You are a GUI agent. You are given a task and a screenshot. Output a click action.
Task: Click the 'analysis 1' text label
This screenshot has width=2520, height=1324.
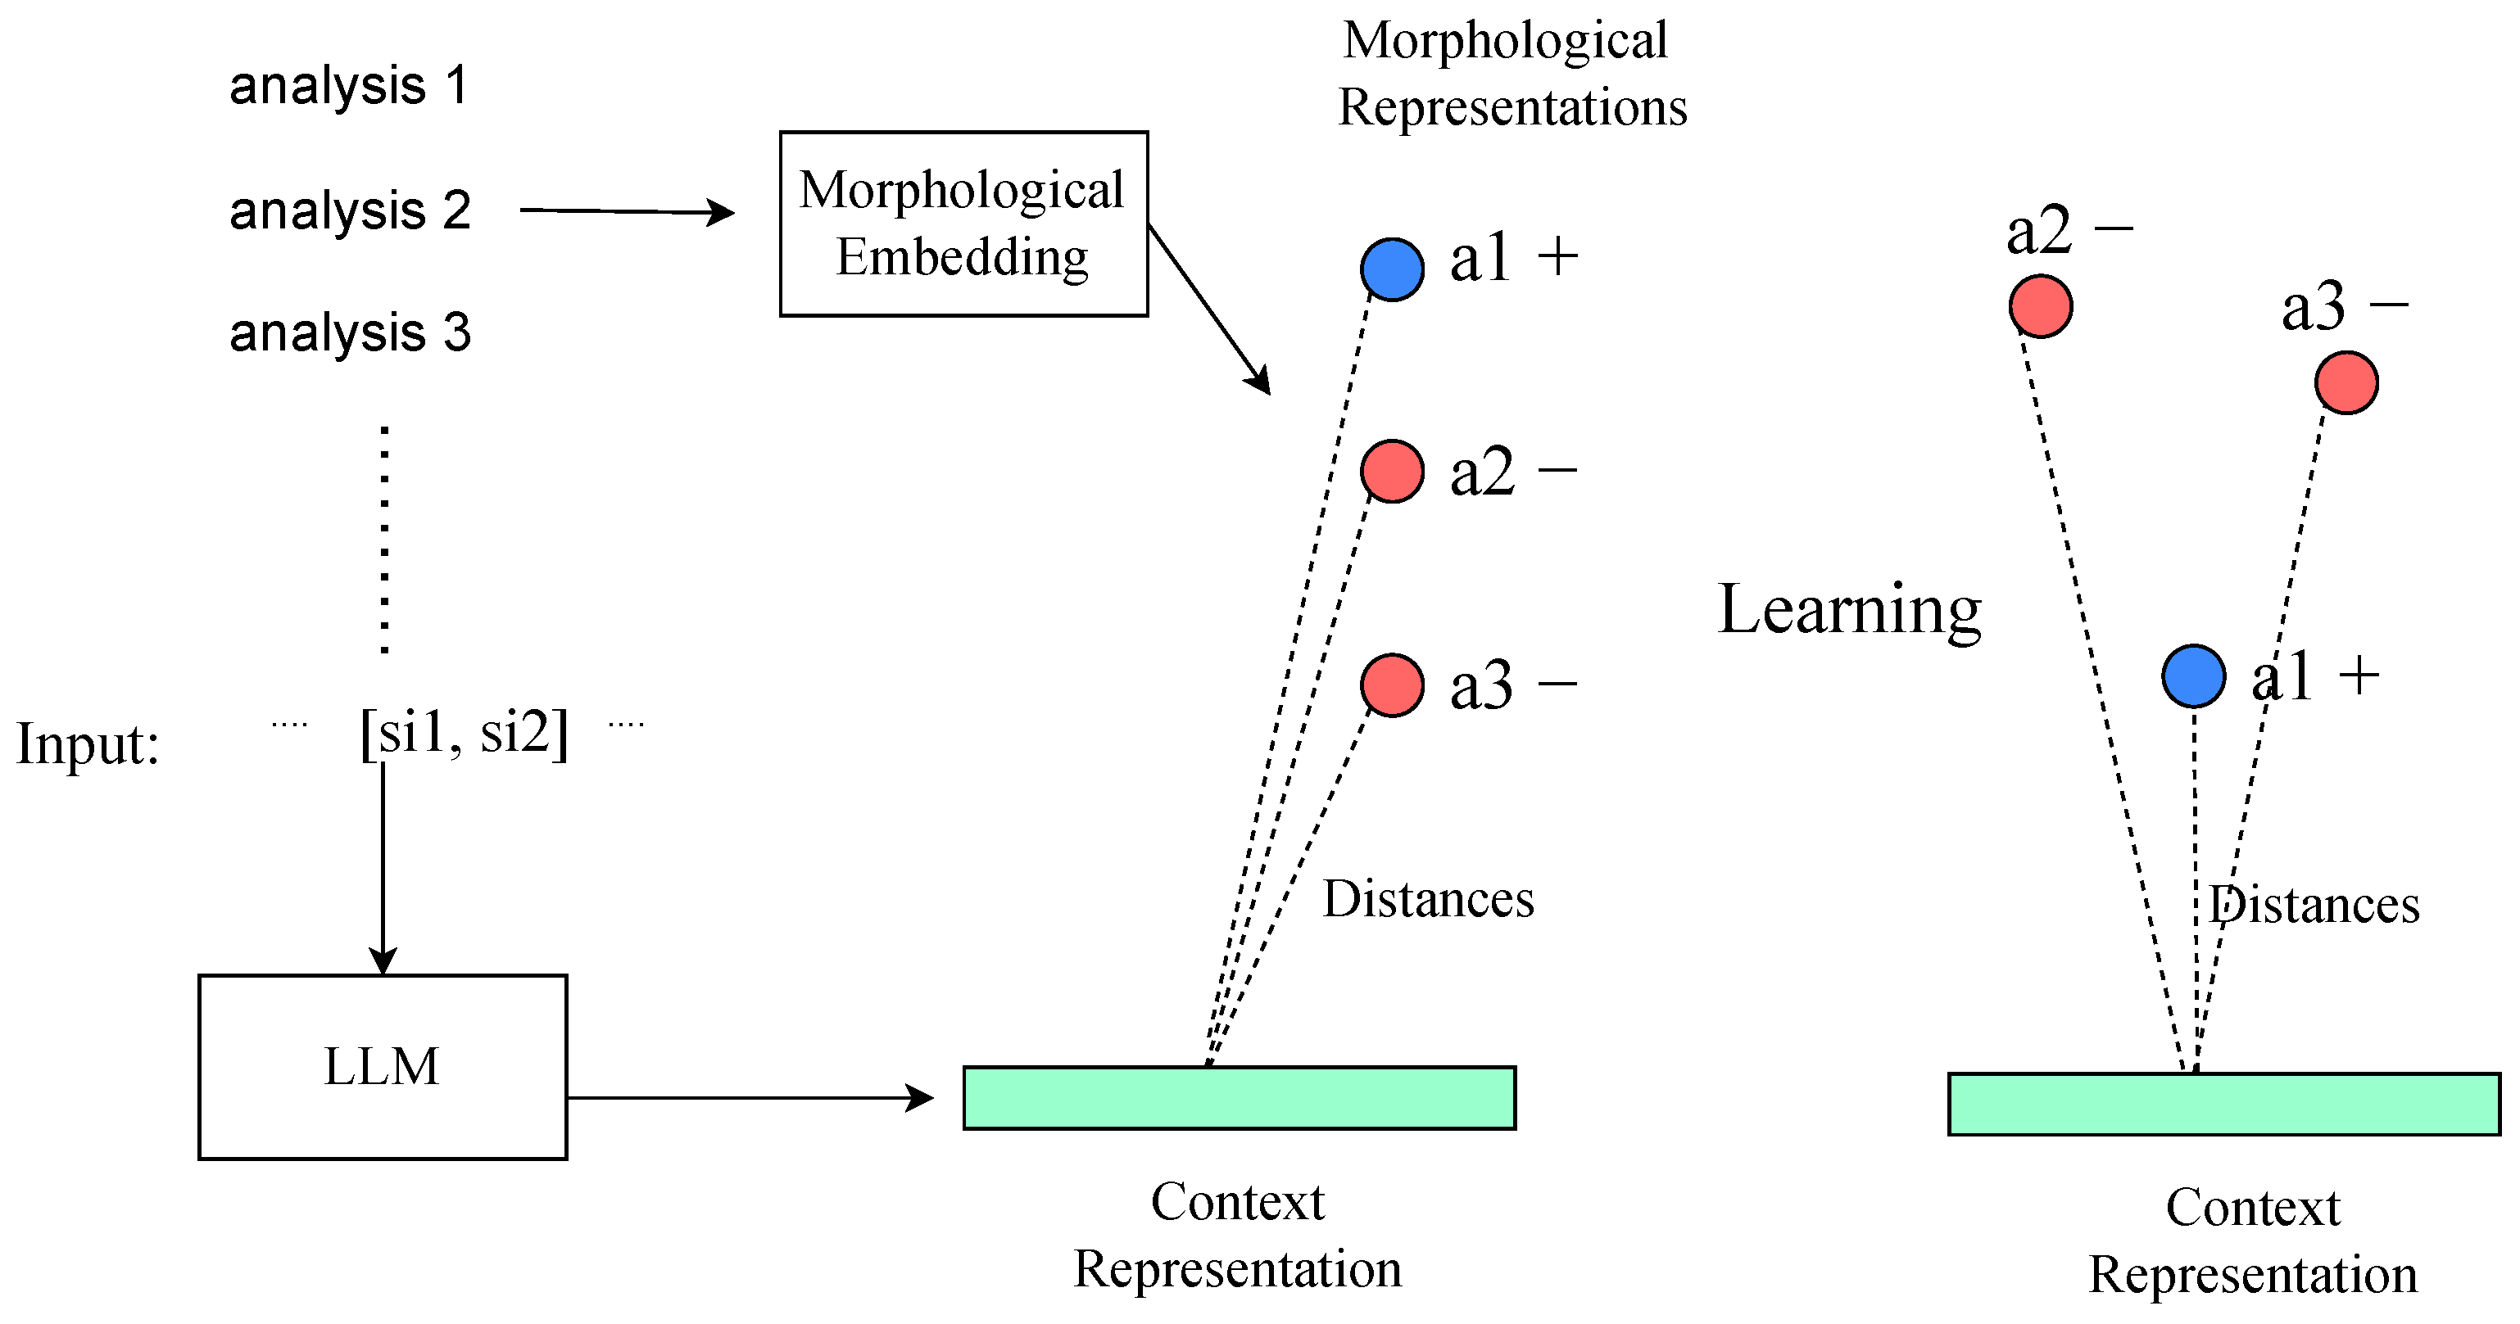point(348,86)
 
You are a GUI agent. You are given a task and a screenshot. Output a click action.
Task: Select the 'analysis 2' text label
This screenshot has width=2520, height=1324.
point(349,211)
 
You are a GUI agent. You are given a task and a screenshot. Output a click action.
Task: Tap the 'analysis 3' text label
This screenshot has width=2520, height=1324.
point(349,333)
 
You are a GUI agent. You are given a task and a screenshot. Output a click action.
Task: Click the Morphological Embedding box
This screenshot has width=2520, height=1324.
point(963,224)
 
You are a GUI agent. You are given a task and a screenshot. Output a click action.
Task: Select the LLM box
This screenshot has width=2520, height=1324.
point(383,1067)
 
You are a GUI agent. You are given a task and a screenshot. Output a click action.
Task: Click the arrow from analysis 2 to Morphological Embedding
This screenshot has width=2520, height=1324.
point(626,211)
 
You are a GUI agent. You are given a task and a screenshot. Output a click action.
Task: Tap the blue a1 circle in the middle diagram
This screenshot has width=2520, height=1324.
point(1391,269)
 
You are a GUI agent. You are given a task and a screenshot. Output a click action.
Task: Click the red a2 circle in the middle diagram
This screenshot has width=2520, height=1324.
point(1391,472)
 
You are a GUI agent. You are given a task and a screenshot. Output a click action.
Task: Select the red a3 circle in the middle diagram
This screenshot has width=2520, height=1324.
point(1391,685)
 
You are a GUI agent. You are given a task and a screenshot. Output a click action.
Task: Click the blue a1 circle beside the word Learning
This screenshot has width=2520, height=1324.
point(2193,676)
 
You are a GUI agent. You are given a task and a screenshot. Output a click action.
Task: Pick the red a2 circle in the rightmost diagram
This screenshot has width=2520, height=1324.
point(2040,306)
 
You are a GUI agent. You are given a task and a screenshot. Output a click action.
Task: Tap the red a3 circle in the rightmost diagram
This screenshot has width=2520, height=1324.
point(2346,382)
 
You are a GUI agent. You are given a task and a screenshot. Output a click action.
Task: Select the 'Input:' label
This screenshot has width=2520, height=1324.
point(87,744)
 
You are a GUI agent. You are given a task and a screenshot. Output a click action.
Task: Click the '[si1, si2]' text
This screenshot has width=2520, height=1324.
point(464,732)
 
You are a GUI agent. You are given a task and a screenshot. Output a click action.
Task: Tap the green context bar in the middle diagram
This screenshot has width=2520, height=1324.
point(1239,1097)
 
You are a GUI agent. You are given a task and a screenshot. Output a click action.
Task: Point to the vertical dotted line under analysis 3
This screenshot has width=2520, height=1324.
point(384,539)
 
